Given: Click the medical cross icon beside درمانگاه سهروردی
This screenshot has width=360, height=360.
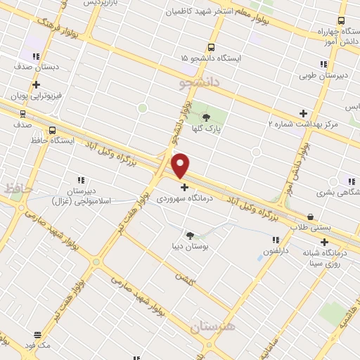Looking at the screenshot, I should click(184, 187).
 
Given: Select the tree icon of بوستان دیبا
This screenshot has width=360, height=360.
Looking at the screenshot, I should click(190, 235).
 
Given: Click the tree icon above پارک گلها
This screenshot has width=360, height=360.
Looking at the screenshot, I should click(206, 117).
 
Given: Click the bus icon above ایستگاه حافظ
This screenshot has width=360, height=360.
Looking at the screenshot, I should click(53, 130).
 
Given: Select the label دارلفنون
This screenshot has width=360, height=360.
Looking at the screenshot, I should click(272, 251).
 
